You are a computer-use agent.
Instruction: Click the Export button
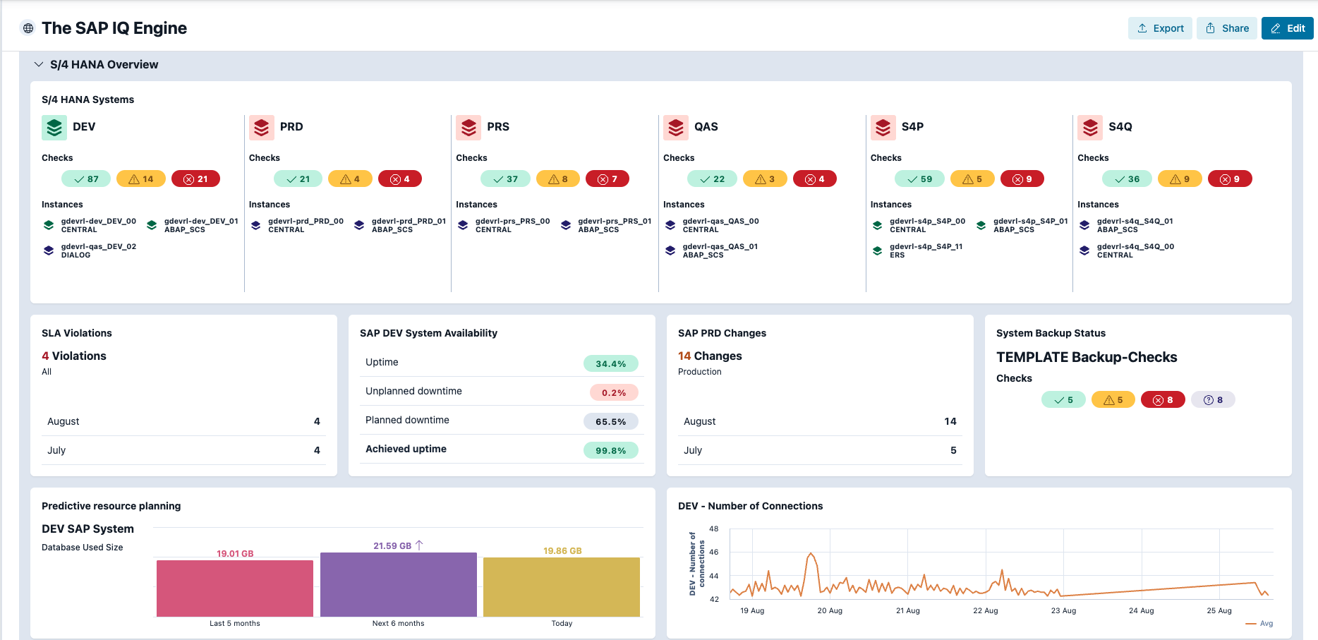[1160, 28]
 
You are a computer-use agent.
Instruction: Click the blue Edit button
[1287, 28]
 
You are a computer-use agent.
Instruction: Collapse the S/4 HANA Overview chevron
[39, 64]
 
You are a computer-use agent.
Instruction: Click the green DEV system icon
[54, 127]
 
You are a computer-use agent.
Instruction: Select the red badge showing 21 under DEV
[195, 179]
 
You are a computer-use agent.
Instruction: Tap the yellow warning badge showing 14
[141, 179]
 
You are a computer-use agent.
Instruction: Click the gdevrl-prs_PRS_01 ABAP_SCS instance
[607, 225]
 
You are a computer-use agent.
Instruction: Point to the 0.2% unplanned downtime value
[613, 392]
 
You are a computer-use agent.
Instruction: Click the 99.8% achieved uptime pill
[610, 450]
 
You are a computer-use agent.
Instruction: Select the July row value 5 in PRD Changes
[953, 450]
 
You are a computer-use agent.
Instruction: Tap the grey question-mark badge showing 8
[1212, 400]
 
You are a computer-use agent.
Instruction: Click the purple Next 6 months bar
[399, 584]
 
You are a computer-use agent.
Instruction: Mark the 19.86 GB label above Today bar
[562, 550]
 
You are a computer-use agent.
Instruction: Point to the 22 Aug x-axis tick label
[985, 610]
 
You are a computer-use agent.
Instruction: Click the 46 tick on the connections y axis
[714, 552]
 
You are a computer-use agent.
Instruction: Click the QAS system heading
[706, 127]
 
